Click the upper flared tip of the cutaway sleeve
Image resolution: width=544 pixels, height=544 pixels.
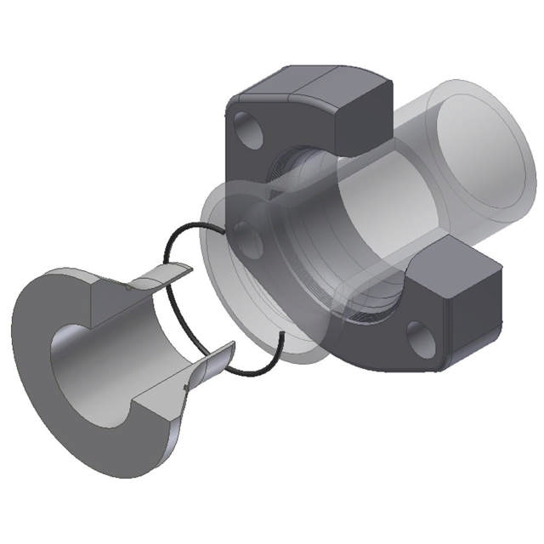171,273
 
